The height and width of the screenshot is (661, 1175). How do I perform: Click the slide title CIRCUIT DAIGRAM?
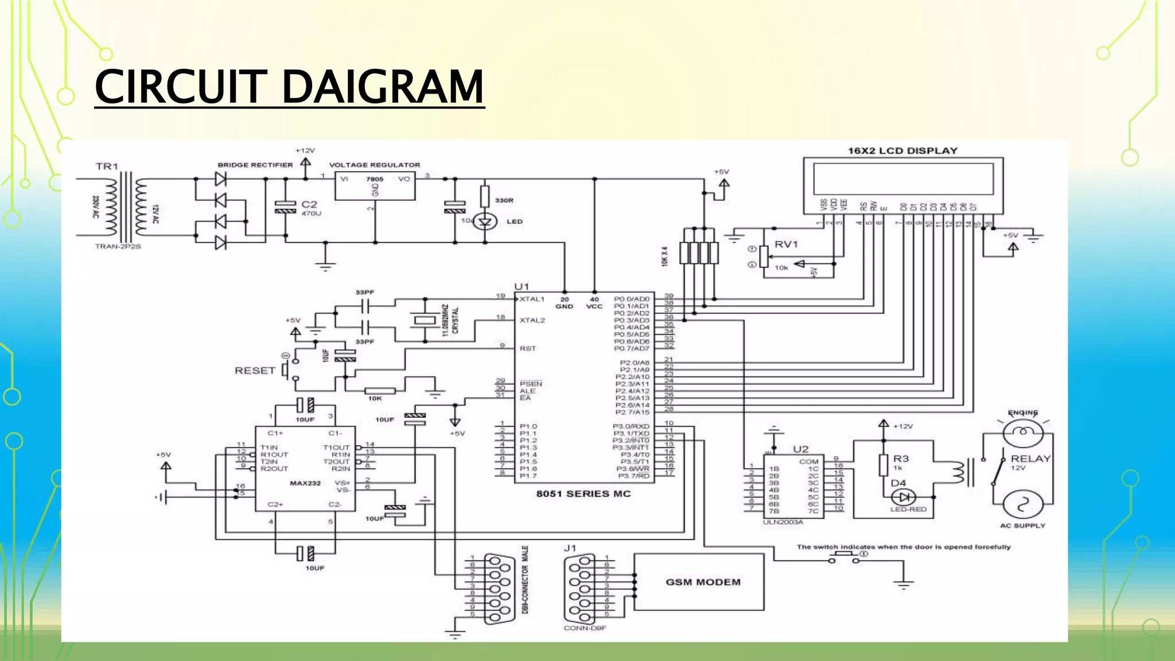289,87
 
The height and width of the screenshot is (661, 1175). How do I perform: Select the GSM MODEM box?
699,582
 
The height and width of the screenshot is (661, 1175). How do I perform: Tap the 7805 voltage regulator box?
375,185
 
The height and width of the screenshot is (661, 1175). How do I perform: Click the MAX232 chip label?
305,483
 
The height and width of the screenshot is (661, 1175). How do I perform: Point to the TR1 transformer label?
107,166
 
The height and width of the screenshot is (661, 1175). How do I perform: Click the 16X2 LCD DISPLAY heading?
902,151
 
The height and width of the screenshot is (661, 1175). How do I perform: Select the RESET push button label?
255,371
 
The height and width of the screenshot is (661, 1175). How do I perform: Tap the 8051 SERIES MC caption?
583,493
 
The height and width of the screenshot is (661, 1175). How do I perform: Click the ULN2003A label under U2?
783,522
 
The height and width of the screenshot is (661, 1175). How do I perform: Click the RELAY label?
1030,458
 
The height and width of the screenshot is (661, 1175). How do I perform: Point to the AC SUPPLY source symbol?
1022,505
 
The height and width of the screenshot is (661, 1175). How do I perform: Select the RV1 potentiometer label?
786,244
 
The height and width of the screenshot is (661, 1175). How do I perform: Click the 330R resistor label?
504,200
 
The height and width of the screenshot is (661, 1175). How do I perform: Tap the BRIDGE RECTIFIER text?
255,165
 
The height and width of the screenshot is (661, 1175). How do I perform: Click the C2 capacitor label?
309,204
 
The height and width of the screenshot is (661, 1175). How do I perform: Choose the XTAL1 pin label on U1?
532,299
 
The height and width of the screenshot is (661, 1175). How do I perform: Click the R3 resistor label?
901,458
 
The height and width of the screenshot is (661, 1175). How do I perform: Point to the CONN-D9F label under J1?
584,628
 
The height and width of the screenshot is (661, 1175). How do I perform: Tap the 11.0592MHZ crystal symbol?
425,320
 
